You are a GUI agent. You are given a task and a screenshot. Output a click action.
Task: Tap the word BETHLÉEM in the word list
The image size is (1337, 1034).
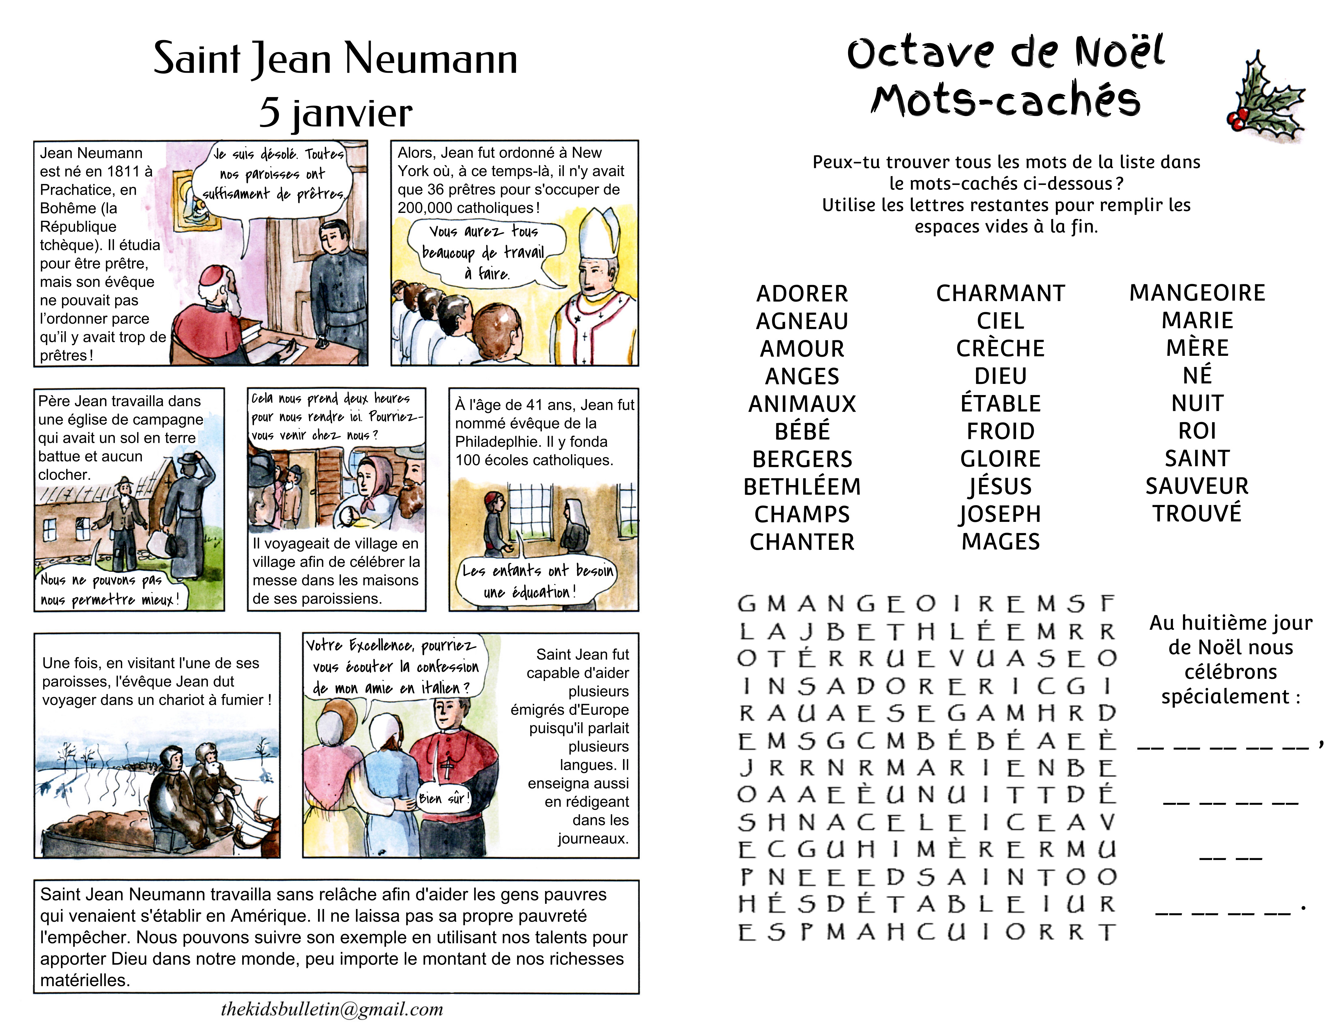pyautogui.click(x=802, y=486)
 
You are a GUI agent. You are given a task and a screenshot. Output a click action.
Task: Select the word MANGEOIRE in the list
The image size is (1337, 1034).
pyautogui.click(x=1197, y=293)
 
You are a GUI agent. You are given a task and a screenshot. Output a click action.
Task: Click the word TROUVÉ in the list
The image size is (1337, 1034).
pyautogui.click(x=1197, y=513)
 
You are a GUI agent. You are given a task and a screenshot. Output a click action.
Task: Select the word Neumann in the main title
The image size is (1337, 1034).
pyautogui.click(x=431, y=59)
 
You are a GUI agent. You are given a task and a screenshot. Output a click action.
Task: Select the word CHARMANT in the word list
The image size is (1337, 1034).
pyautogui.click(x=1000, y=293)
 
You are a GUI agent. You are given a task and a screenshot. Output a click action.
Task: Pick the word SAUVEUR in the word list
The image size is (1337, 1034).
pyautogui.click(x=1197, y=486)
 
